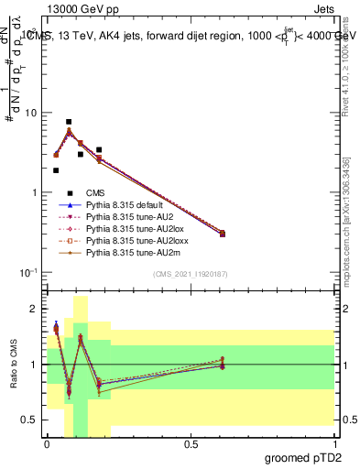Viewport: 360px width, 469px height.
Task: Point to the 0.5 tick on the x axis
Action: click(191, 443)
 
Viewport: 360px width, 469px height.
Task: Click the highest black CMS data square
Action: click(69, 122)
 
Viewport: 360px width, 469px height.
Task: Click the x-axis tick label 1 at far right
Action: click(334, 443)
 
